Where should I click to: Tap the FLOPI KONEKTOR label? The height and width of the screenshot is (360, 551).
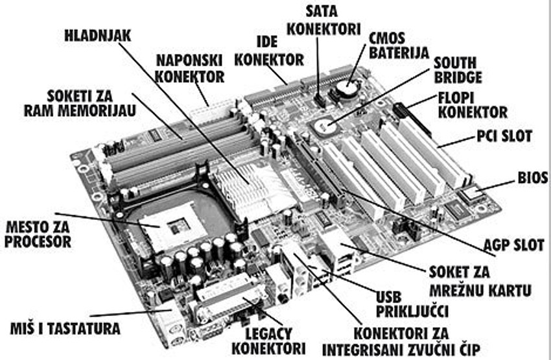[473, 104]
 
